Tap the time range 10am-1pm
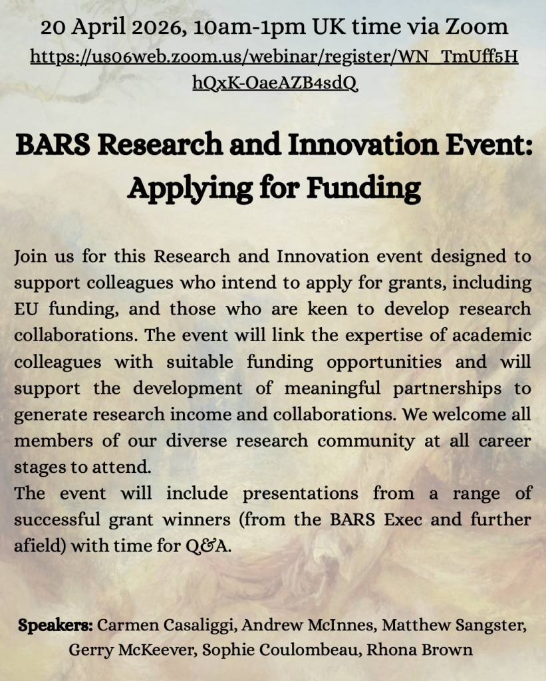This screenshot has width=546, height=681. point(249,27)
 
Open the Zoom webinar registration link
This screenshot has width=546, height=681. point(274,69)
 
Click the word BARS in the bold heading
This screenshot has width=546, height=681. point(53,144)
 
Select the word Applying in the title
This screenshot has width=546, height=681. point(190,188)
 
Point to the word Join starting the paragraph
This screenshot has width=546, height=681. point(30,256)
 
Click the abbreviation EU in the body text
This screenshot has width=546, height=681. point(26,309)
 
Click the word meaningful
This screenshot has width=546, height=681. point(333,388)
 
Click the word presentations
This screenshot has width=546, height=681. point(300,494)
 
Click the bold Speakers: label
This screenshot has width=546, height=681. point(55,626)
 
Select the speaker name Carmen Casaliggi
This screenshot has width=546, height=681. point(167,626)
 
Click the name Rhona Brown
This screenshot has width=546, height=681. point(420,650)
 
